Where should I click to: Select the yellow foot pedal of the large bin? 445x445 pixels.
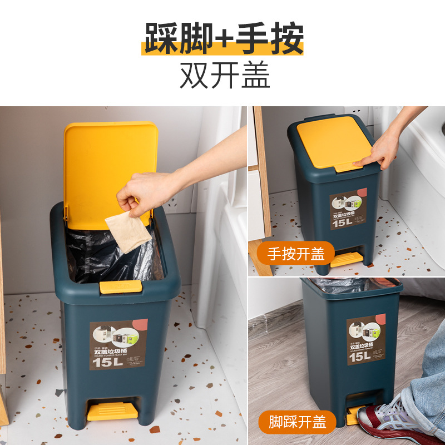[112, 412]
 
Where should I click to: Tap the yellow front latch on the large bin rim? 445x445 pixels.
[120, 287]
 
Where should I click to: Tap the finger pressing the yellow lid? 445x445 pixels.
[367, 160]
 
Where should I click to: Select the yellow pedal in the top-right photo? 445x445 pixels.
[346, 259]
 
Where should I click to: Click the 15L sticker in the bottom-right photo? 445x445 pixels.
[365, 342]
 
